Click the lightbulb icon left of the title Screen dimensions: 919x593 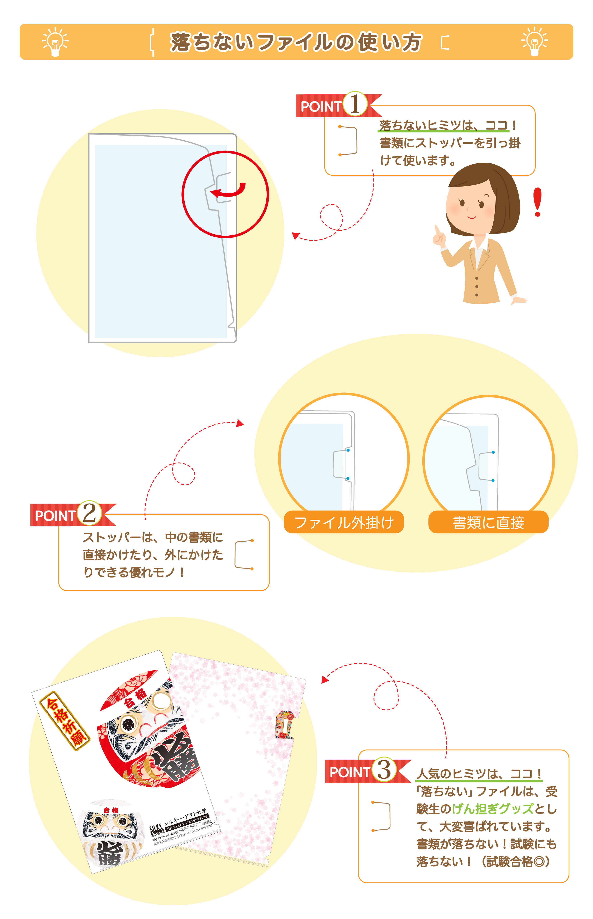[55, 42]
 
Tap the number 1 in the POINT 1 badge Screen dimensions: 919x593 [355, 104]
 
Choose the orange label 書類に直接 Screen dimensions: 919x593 [488, 522]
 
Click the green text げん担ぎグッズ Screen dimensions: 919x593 [493, 809]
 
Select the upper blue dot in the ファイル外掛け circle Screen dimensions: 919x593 [348, 450]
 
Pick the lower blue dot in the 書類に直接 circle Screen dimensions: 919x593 [493, 481]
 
